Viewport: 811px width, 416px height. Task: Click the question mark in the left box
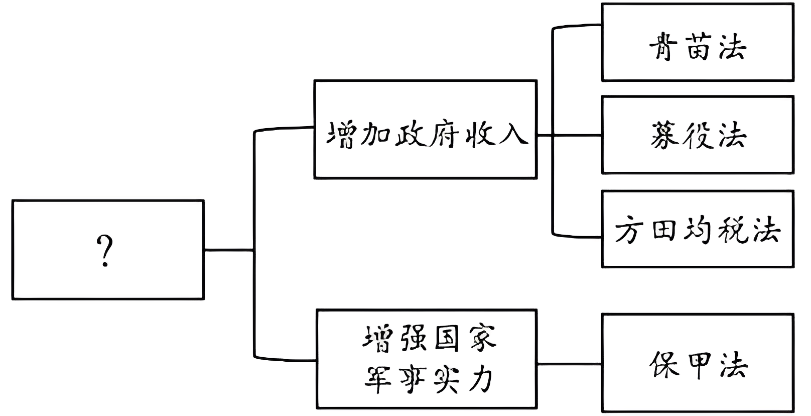pos(104,251)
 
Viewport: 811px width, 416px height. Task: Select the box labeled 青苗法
pos(698,42)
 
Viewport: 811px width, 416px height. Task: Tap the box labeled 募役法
pos(698,135)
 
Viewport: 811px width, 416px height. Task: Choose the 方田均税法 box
pos(698,229)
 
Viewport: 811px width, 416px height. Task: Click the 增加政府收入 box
pos(425,129)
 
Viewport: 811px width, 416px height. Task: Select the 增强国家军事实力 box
pos(427,359)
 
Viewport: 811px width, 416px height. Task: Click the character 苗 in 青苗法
pos(698,48)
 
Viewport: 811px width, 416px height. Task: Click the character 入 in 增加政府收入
pos(513,135)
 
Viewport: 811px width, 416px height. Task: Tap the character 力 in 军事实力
pos(481,379)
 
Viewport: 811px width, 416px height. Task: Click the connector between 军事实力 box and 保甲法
pos(569,363)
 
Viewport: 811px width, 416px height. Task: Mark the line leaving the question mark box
pos(228,250)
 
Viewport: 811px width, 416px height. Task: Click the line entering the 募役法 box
pos(577,135)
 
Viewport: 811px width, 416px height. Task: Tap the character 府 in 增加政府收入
pos(445,135)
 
